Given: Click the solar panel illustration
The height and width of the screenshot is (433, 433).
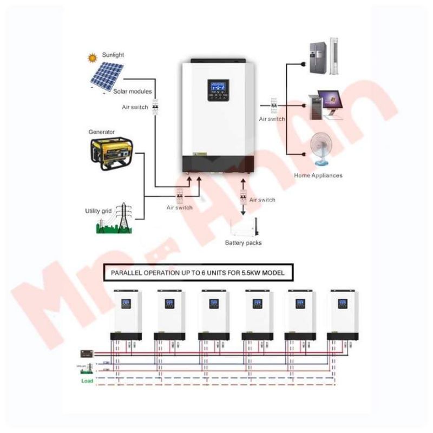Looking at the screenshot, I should pyautogui.click(x=107, y=76).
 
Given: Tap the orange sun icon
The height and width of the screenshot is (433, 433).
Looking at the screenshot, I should pyautogui.click(x=92, y=56).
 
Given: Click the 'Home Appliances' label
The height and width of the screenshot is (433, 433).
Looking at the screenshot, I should pyautogui.click(x=318, y=175).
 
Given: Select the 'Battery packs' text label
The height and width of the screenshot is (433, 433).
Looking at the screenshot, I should pyautogui.click(x=243, y=243).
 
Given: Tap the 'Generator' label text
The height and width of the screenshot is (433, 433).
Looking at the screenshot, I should pyautogui.click(x=102, y=132).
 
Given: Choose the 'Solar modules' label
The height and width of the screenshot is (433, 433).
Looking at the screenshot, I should pyautogui.click(x=133, y=91).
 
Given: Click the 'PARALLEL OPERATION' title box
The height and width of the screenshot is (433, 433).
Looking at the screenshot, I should pyautogui.click(x=198, y=274).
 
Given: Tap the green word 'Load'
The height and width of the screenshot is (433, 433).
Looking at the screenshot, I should pyautogui.click(x=87, y=380).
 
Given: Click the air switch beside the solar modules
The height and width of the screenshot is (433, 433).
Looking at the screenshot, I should pyautogui.click(x=155, y=107).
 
